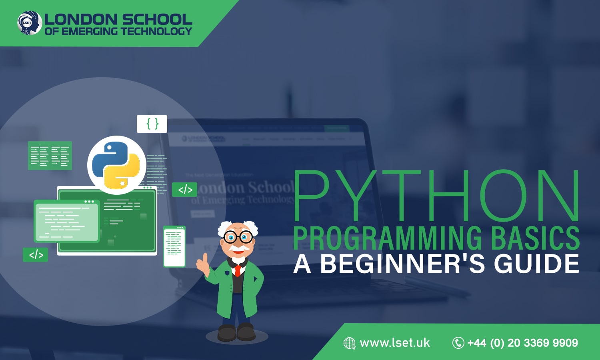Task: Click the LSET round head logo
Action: [30, 23]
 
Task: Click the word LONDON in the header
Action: [80, 19]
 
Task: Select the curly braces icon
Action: [152, 124]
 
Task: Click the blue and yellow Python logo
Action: [116, 165]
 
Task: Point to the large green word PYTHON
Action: [436, 196]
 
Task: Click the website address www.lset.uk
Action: [395, 343]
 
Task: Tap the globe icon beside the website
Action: [350, 343]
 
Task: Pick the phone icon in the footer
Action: [458, 343]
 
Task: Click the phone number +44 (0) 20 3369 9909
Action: [522, 343]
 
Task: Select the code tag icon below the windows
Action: [36, 255]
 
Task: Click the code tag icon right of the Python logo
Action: [185, 190]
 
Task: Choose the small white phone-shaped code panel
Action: [174, 246]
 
